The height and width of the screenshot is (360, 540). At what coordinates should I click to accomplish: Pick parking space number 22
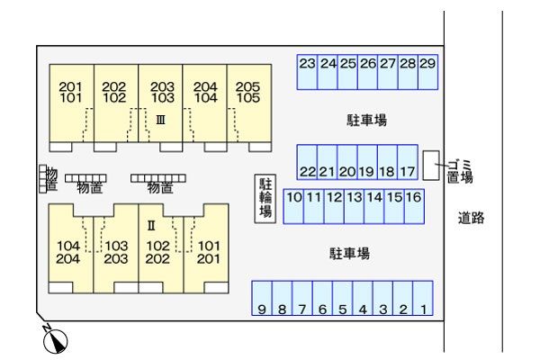click(307, 163)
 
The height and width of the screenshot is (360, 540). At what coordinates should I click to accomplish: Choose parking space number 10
click(293, 206)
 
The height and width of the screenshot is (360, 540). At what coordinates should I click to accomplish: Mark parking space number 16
click(414, 206)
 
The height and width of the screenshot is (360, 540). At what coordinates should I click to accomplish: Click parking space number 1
click(423, 300)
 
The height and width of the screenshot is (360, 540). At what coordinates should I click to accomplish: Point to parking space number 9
click(262, 300)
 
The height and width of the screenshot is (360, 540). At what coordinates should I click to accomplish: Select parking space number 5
click(343, 300)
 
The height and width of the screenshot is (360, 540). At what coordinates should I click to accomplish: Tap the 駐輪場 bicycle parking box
click(265, 198)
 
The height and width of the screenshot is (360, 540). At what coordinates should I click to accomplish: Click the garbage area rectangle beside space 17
click(431, 164)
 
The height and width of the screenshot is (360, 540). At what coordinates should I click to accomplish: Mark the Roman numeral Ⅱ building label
click(152, 224)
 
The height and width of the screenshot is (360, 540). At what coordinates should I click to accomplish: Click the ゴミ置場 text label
click(459, 170)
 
